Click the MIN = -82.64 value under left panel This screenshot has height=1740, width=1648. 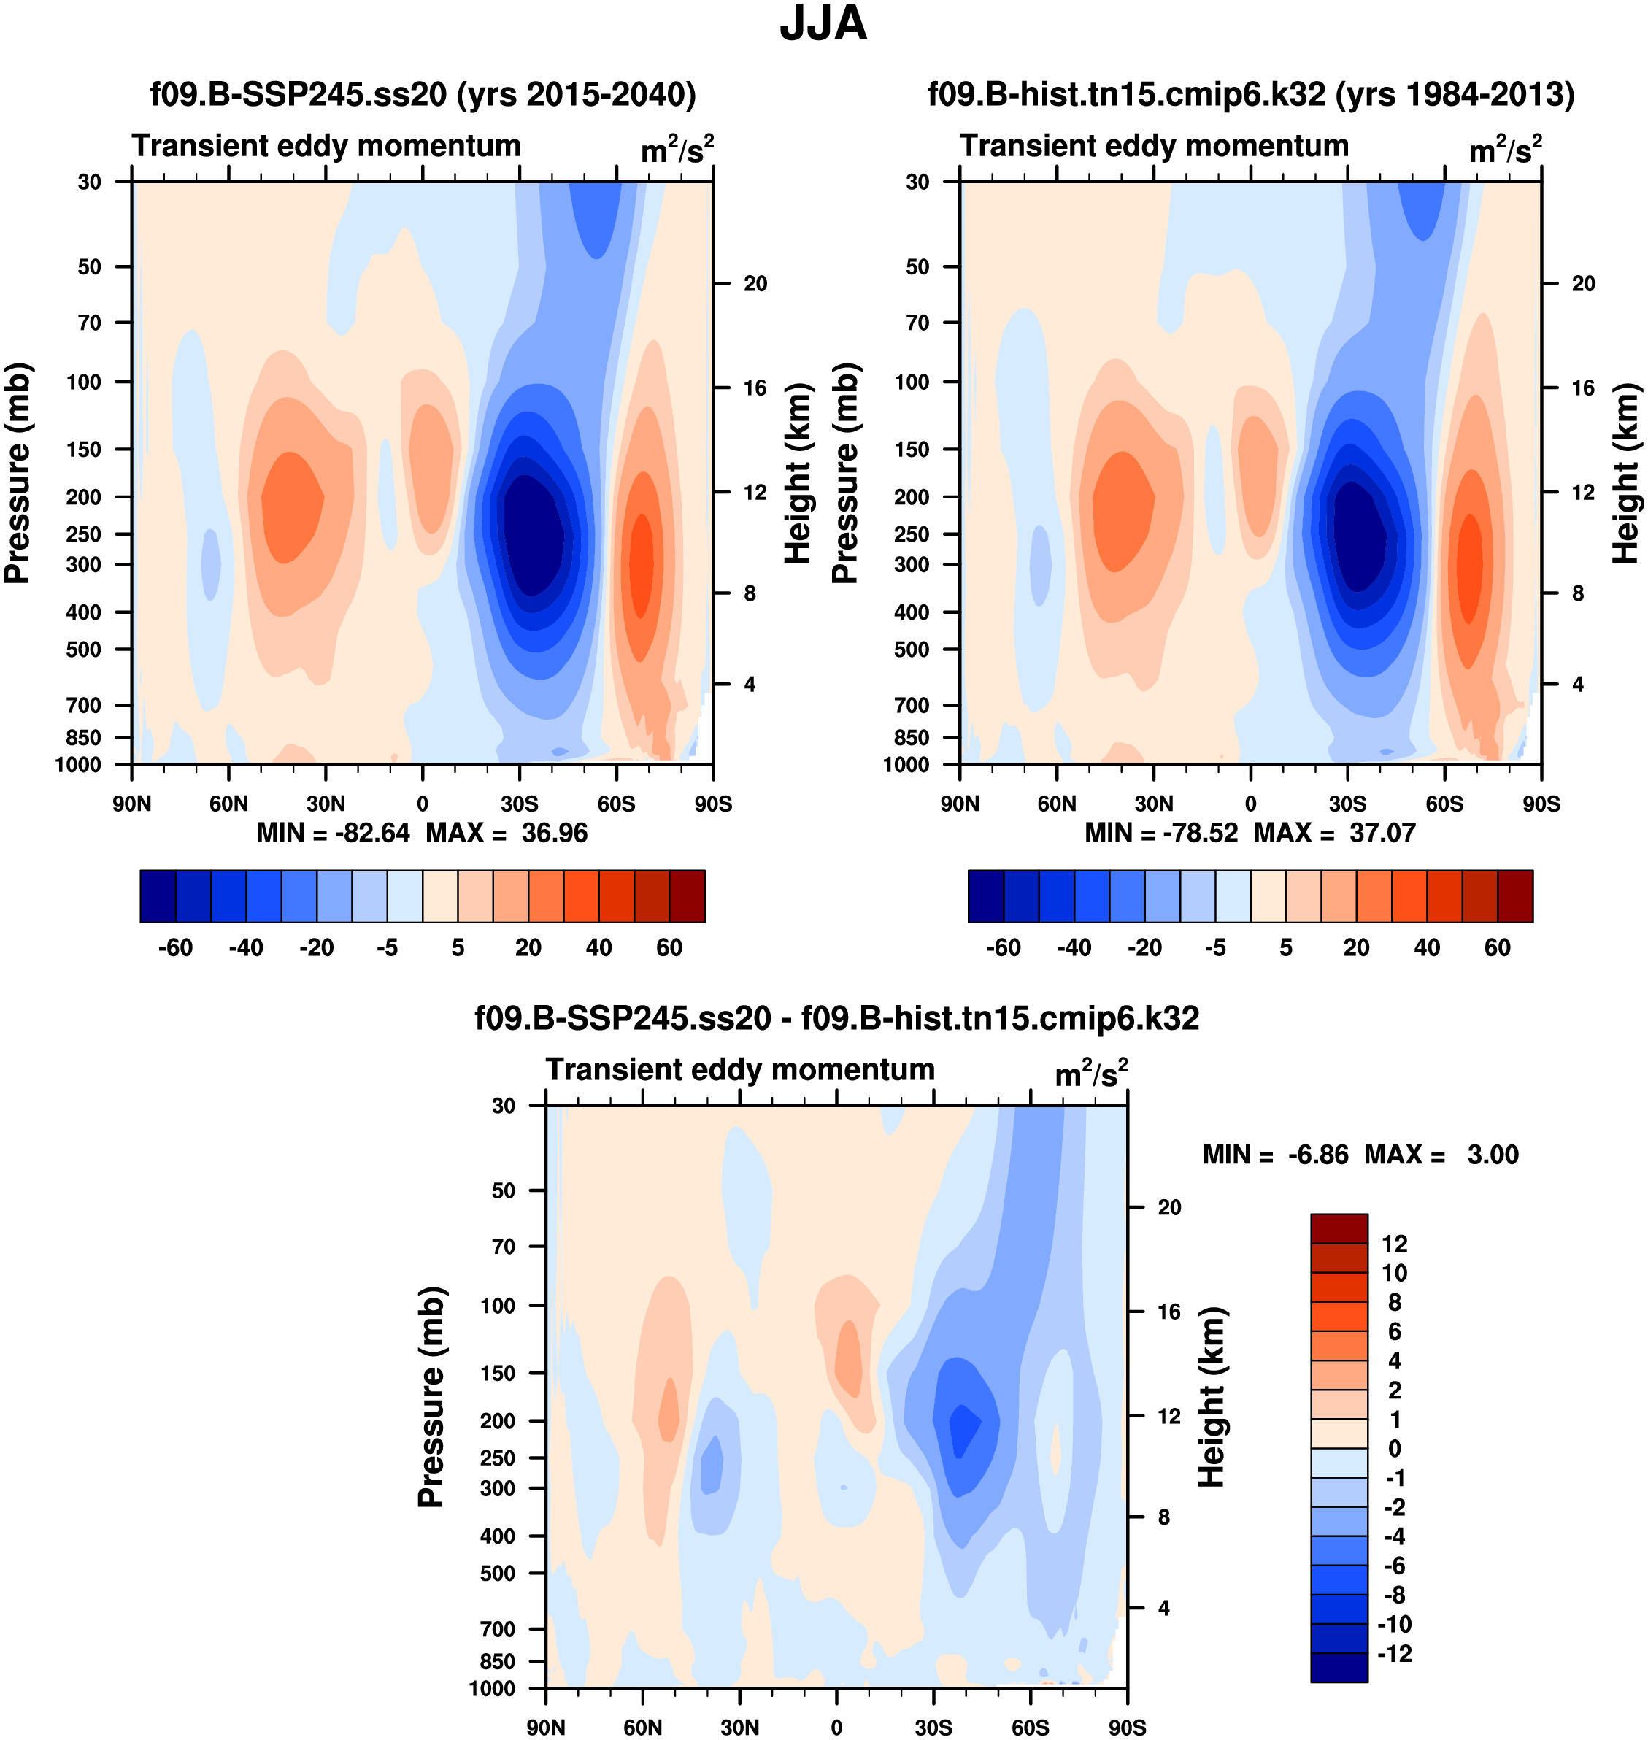click(x=333, y=833)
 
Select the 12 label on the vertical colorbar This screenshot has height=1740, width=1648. click(x=1394, y=1244)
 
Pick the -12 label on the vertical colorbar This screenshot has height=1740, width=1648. click(x=1394, y=1653)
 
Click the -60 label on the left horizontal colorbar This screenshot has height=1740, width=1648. click(x=175, y=948)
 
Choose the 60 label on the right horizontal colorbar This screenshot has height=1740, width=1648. click(x=1498, y=948)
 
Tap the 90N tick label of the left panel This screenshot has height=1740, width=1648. click(x=132, y=804)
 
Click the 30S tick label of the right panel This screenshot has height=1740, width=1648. click(x=1347, y=804)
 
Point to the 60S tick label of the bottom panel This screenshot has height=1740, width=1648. click(x=1031, y=1728)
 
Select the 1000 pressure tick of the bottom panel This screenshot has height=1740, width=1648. click(x=492, y=1688)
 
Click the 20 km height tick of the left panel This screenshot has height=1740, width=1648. click(x=755, y=284)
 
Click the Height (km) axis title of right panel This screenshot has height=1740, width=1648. click(x=1627, y=472)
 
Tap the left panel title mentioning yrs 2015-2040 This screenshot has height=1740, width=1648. click(x=423, y=94)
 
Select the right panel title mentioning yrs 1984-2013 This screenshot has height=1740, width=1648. click(x=1251, y=94)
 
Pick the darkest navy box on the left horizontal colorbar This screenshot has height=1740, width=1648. click(x=158, y=896)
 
